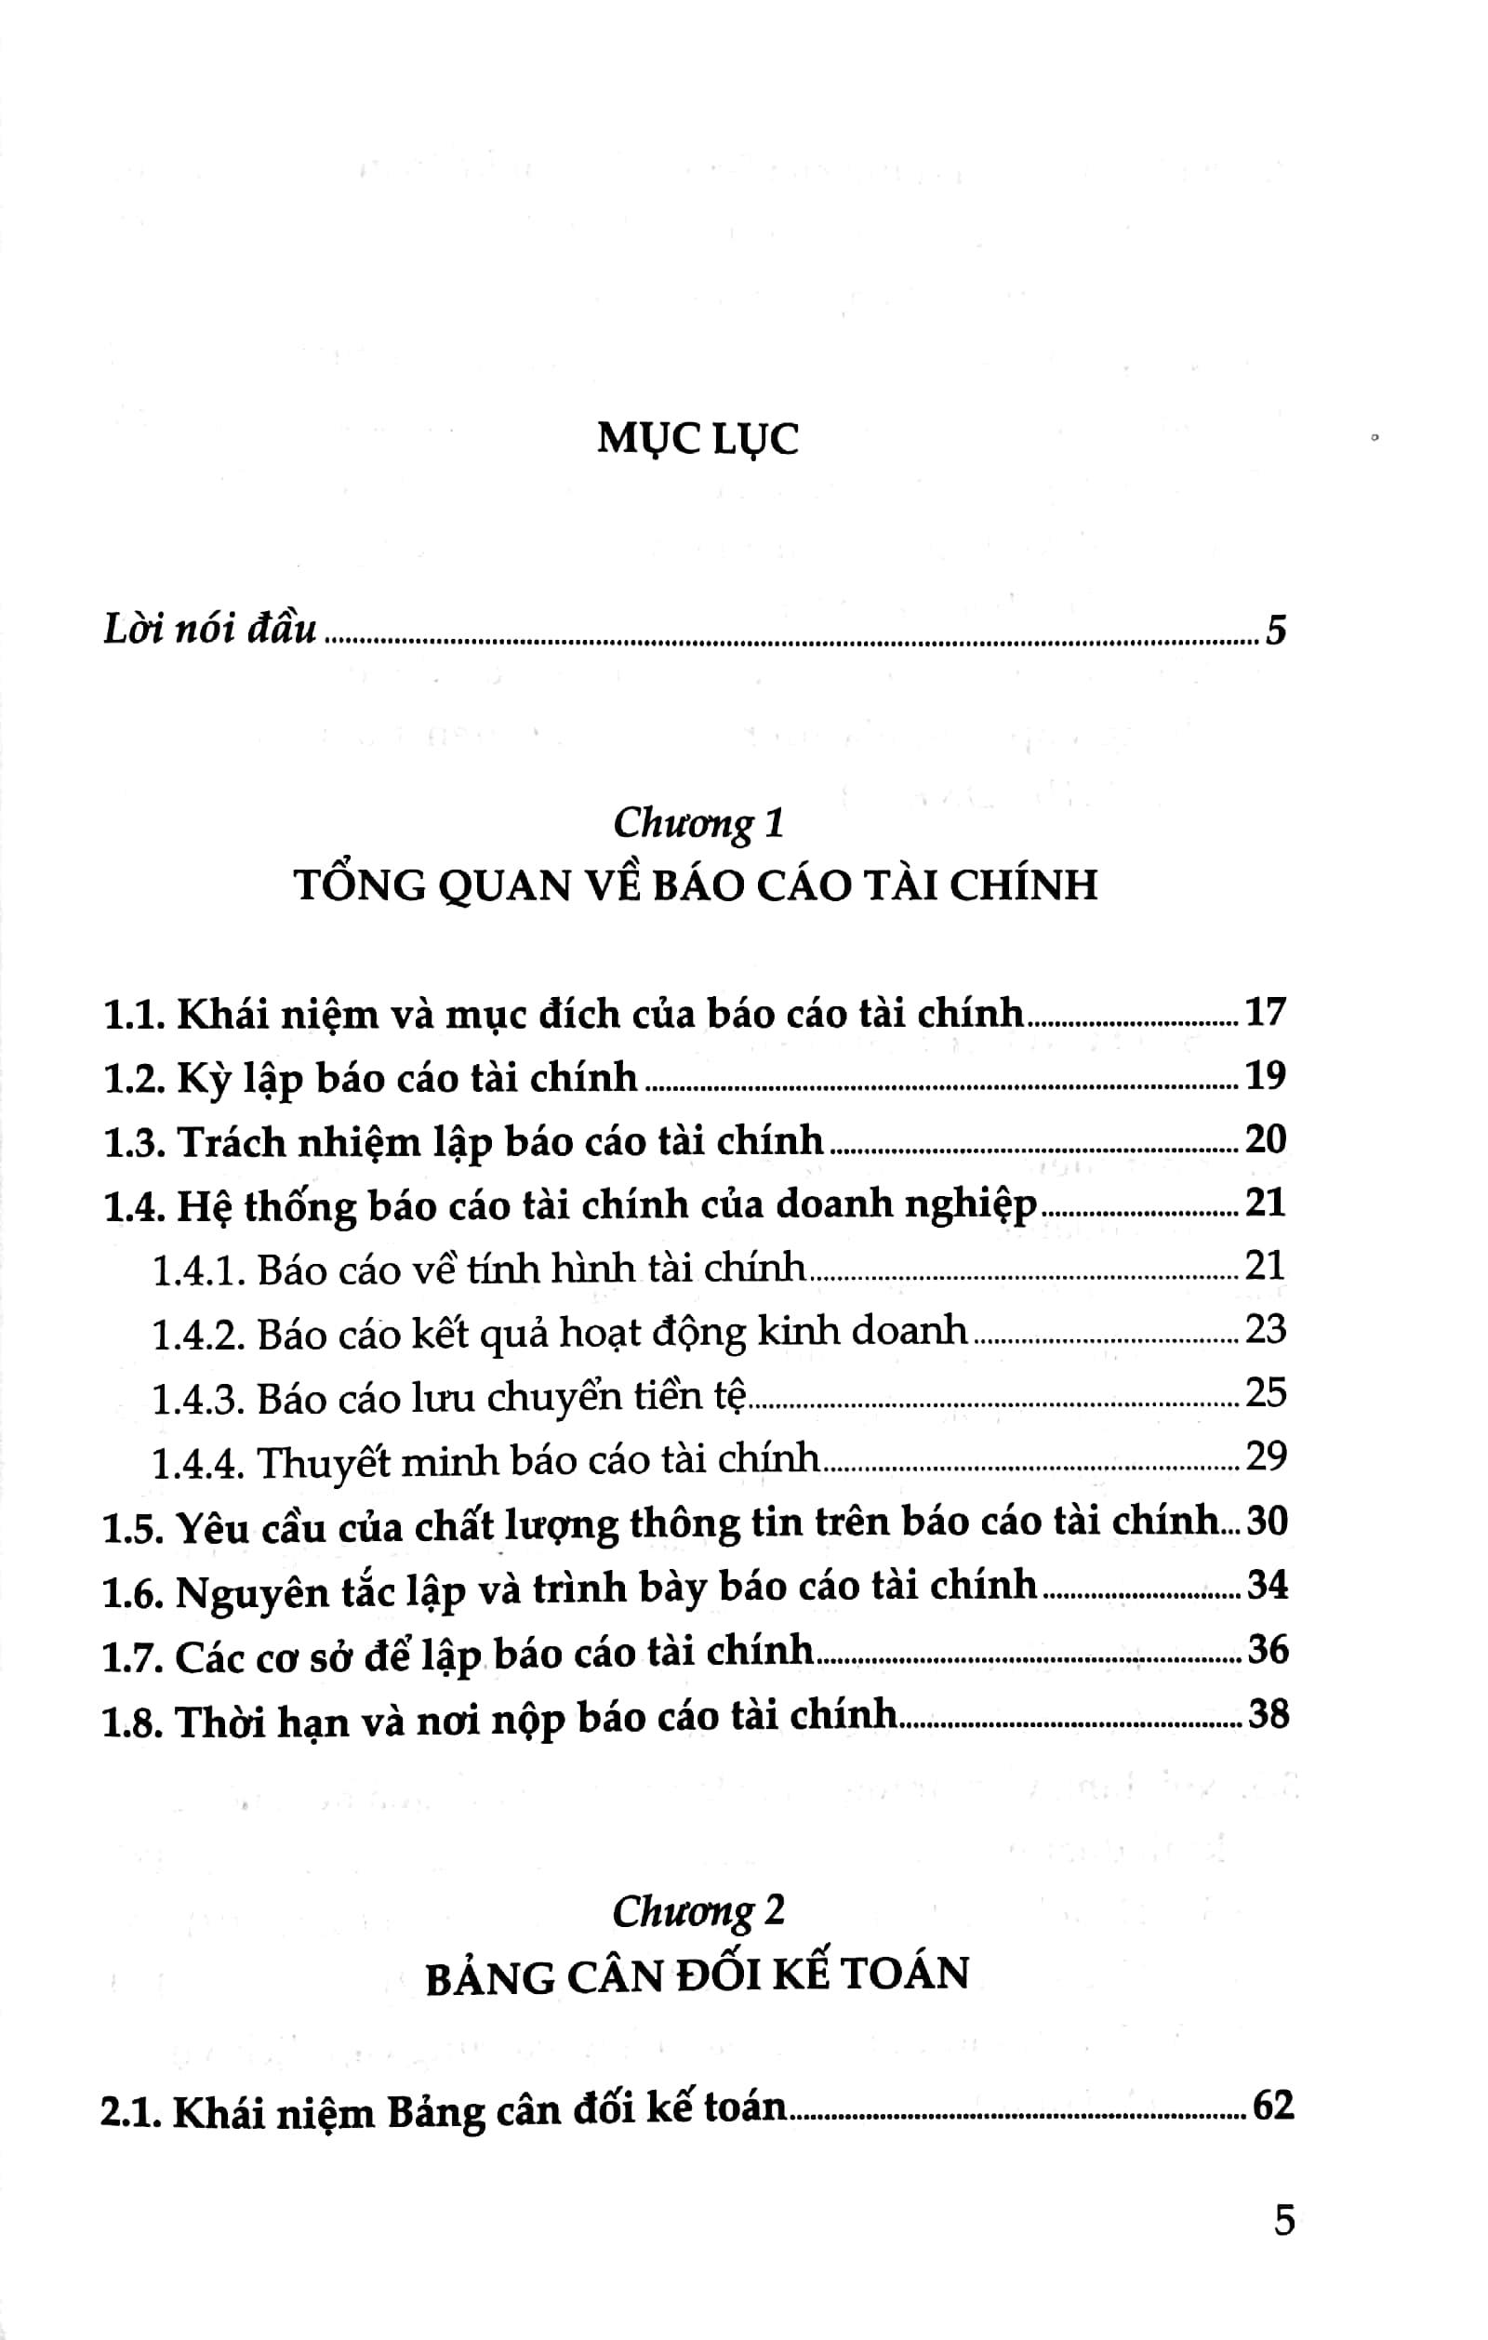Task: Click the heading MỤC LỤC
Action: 697,439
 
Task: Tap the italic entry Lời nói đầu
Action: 210,631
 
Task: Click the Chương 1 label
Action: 697,823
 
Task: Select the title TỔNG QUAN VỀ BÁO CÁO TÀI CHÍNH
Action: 696,885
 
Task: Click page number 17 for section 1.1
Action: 1266,1013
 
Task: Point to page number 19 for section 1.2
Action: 1266,1076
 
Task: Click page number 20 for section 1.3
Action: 1266,1139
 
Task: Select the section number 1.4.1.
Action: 196,1270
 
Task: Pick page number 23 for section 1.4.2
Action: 1266,1329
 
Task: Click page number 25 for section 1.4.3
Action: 1266,1392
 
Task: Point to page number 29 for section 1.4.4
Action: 1266,1456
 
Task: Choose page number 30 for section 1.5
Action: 1268,1520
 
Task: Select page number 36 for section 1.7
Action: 1268,1649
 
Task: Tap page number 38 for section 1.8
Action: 1268,1712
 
